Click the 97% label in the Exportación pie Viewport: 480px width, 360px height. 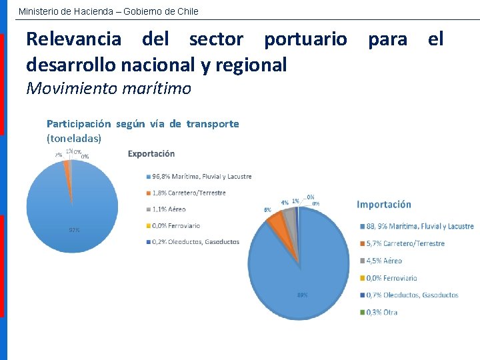[x=75, y=230]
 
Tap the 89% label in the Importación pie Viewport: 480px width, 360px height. [x=303, y=295]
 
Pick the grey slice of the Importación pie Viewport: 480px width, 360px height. [x=289, y=215]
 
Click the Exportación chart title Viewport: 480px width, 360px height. [x=151, y=153]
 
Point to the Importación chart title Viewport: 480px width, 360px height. [x=384, y=205]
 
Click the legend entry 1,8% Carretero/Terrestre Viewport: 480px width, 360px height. [x=189, y=193]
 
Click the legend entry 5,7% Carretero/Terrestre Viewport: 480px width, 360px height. [x=405, y=243]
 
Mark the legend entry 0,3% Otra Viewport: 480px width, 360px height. [x=382, y=312]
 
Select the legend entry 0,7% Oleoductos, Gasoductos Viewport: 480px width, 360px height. [x=411, y=295]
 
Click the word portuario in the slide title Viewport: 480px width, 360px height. [x=305, y=39]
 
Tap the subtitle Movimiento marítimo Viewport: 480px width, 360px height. [x=108, y=88]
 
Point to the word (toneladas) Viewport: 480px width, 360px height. [x=74, y=139]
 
